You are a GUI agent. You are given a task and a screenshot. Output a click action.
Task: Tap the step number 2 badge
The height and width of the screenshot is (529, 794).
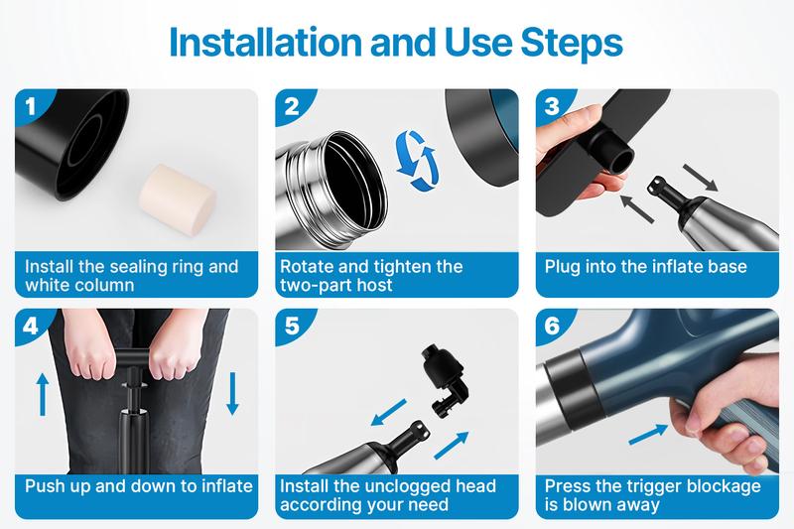coord(291,106)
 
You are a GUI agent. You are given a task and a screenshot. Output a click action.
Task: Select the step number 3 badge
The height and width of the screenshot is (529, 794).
coord(553,106)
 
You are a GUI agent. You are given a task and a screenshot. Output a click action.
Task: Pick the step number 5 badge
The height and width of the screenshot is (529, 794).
coord(291,326)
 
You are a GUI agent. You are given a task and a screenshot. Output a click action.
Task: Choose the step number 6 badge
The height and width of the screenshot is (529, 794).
coord(553,326)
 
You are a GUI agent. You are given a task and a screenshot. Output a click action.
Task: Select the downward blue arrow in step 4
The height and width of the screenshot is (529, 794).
coord(232,394)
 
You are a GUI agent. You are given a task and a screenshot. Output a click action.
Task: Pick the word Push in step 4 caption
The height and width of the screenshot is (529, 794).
coord(45,486)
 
